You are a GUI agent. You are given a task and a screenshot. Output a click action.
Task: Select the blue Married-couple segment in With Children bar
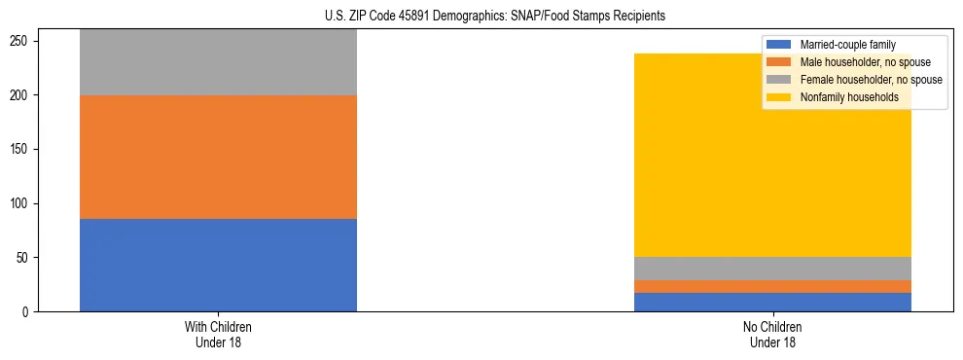(x=218, y=265)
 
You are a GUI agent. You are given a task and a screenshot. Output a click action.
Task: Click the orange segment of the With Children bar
(x=218, y=157)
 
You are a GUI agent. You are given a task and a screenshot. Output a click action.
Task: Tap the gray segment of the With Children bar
(x=218, y=62)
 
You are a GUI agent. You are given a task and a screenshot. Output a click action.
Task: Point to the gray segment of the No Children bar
(x=772, y=269)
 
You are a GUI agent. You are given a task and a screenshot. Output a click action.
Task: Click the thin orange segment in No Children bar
(x=772, y=286)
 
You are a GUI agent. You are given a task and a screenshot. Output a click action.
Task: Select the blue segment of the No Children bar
(x=772, y=302)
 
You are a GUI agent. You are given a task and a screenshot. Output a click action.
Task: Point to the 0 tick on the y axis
(x=27, y=312)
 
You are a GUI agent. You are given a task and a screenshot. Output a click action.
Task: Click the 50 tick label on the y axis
(x=23, y=258)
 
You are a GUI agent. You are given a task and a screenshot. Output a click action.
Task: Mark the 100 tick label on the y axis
(x=20, y=203)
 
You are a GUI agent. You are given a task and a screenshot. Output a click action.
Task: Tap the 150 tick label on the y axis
(x=20, y=150)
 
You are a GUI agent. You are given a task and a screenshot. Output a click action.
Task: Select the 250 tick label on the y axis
(x=20, y=41)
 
